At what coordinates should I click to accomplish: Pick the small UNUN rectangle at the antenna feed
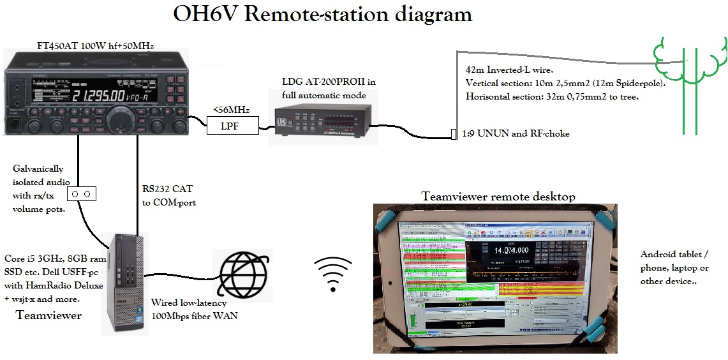pyautogui.click(x=454, y=134)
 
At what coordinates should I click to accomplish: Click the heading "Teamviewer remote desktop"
pyautogui.click(x=498, y=197)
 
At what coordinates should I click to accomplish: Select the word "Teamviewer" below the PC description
pyautogui.click(x=48, y=315)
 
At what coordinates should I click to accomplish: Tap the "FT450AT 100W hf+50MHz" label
pyautogui.click(x=96, y=45)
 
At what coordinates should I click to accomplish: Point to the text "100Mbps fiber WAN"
pyautogui.click(x=194, y=315)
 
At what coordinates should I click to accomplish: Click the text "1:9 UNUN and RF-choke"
pyautogui.click(x=517, y=133)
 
